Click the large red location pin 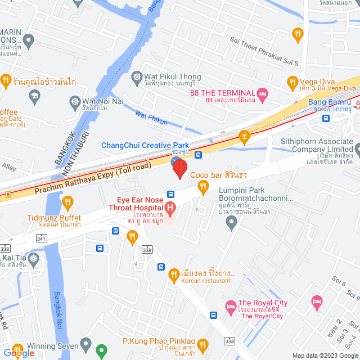coord(179,168)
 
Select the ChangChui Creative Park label coord(145,145)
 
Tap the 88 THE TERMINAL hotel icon coord(262,92)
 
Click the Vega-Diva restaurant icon coord(292,83)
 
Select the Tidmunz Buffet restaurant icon coord(67,201)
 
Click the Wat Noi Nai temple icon coord(74,101)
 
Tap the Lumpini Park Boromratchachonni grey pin coord(231,224)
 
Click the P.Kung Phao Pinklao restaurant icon coord(202,343)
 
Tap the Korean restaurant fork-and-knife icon coord(174,274)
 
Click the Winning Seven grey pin coord(85,343)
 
